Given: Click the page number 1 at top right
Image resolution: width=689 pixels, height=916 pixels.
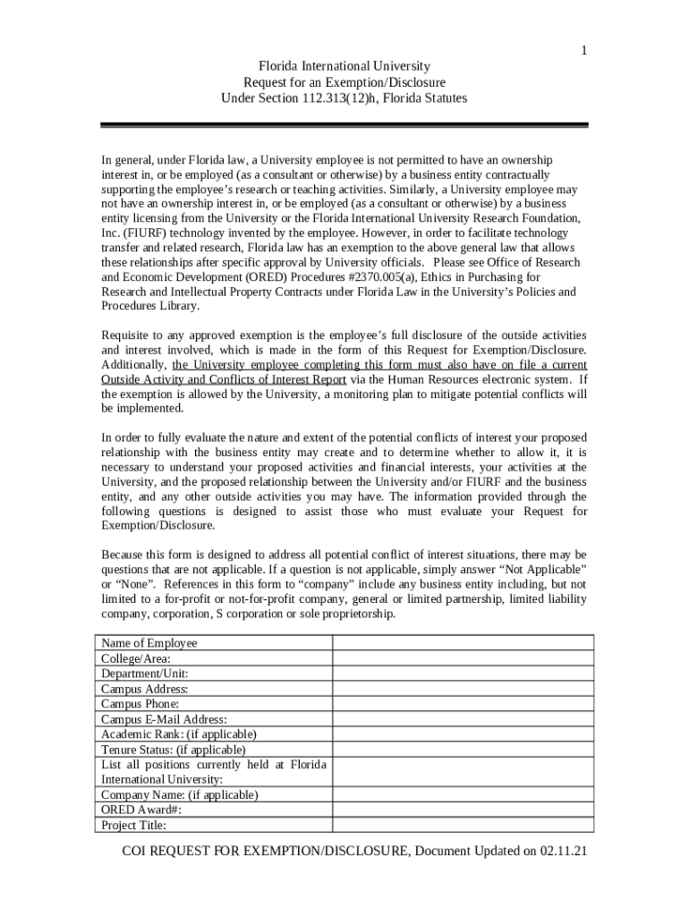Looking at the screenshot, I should [584, 51].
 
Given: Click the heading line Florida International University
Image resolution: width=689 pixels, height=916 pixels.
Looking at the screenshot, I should [344, 66].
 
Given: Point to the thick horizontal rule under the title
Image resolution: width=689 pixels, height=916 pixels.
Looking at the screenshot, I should [344, 125].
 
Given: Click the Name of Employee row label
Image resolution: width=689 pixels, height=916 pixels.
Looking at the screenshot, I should [149, 643].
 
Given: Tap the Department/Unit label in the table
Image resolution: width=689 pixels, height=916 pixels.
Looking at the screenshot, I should [144, 674].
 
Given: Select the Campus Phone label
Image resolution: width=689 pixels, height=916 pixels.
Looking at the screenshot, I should [140, 704].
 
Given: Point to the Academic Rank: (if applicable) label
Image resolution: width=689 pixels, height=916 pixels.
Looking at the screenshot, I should [178, 734].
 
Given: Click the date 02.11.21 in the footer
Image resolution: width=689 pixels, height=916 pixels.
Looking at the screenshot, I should [563, 852].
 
